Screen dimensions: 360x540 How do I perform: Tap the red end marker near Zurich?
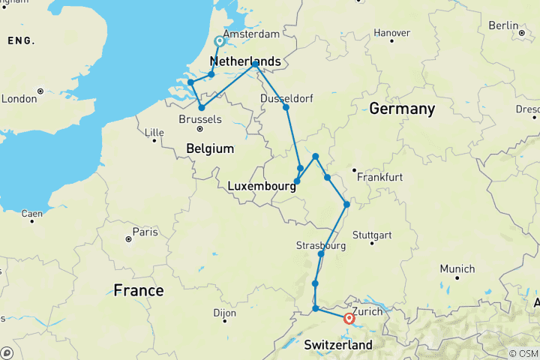tap(349, 319)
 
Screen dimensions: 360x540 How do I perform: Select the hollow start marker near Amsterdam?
tap(220, 41)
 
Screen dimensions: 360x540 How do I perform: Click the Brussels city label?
tap(201, 119)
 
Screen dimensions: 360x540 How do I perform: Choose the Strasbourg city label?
tap(321, 245)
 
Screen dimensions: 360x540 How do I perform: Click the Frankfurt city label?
tap(381, 177)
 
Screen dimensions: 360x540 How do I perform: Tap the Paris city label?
tap(144, 231)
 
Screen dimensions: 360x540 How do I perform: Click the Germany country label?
tap(402, 109)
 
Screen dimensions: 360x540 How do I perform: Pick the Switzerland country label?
tap(337, 345)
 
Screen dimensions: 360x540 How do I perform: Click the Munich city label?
tap(457, 268)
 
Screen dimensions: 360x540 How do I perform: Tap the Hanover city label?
tap(391, 33)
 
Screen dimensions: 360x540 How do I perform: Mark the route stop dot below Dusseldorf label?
tap(286, 107)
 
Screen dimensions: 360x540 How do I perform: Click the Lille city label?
tap(154, 133)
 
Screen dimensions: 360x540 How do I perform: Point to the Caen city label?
tap(31, 214)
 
